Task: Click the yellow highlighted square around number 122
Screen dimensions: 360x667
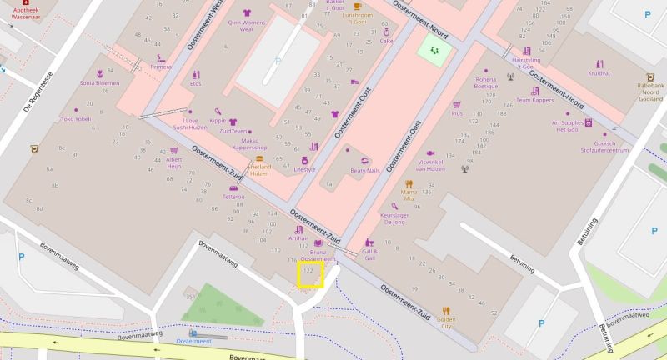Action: pyautogui.click(x=311, y=274)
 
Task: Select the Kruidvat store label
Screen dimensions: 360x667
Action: pyautogui.click(x=599, y=73)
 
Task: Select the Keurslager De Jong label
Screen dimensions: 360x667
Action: pyautogui.click(x=404, y=218)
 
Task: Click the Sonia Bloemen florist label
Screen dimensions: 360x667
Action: pyautogui.click(x=99, y=83)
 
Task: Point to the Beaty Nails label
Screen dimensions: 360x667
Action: pyautogui.click(x=364, y=170)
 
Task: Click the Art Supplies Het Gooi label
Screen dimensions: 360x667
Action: pyautogui.click(x=572, y=126)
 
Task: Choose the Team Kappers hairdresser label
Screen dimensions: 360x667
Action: pyautogui.click(x=535, y=100)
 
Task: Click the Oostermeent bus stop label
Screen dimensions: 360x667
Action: pyautogui.click(x=193, y=342)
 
